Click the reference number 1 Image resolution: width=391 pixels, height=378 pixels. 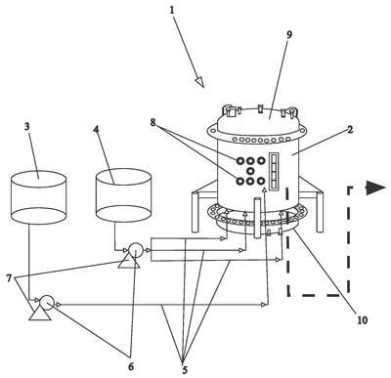[x=172, y=11]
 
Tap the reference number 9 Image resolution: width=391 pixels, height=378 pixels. [x=289, y=35]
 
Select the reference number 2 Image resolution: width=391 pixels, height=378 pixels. [x=350, y=130]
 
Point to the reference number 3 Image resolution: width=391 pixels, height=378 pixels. [x=27, y=127]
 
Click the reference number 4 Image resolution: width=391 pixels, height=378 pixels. [x=96, y=130]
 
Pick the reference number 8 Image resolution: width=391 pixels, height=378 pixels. [x=152, y=123]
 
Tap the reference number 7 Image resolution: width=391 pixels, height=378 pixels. [x=9, y=278]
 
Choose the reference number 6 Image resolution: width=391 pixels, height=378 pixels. [x=131, y=366]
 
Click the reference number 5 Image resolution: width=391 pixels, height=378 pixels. [x=185, y=370]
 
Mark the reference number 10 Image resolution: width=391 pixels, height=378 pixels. [x=362, y=320]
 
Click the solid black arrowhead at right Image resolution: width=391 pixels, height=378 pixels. [x=376, y=189]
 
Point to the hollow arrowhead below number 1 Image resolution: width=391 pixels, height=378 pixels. [x=200, y=82]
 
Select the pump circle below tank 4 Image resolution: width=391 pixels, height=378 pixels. [x=135, y=250]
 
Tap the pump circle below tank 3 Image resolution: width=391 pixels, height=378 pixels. [x=47, y=303]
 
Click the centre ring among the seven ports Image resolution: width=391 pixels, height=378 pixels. [x=250, y=170]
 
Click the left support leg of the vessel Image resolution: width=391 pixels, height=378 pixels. [x=195, y=212]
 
